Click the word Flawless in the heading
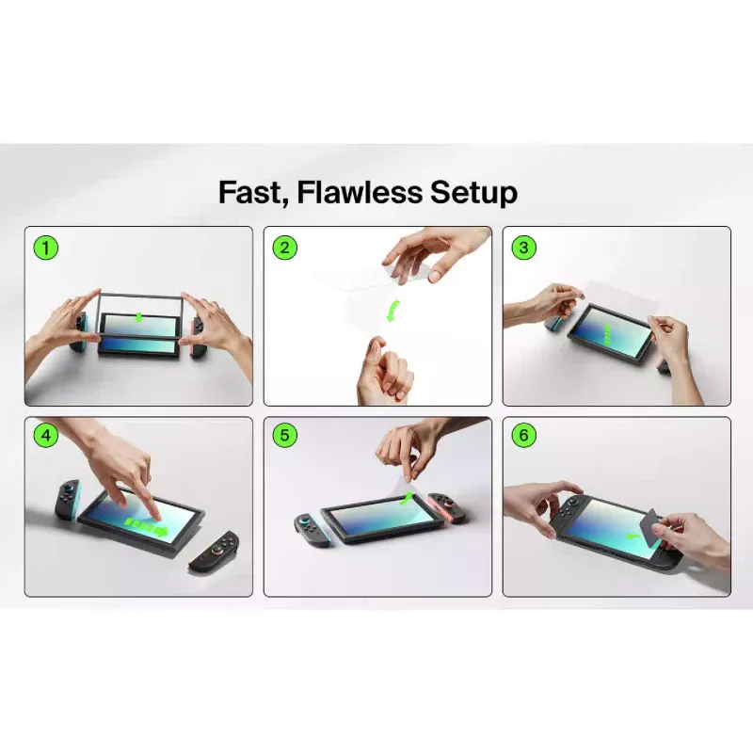[x=360, y=192]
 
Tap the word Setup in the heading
[x=473, y=193]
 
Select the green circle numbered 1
[x=45, y=248]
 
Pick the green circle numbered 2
[x=285, y=248]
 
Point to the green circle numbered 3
[x=524, y=248]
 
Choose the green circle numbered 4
[x=45, y=436]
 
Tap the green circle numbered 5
[x=285, y=436]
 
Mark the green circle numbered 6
[x=524, y=436]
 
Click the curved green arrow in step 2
[x=394, y=312]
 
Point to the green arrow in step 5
[x=407, y=499]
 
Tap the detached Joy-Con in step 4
[x=215, y=552]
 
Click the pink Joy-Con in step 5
[x=447, y=508]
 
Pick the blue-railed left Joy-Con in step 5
[x=312, y=531]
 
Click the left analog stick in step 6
[x=575, y=503]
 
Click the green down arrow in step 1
[x=138, y=317]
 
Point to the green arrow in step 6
[x=632, y=536]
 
